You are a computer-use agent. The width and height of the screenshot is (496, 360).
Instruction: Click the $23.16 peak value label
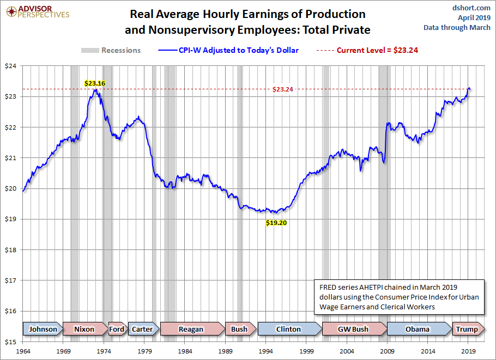click(94, 83)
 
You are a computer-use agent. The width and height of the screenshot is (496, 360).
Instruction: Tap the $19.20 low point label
click(276, 223)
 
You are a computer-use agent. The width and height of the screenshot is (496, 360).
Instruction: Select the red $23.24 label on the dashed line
click(283, 89)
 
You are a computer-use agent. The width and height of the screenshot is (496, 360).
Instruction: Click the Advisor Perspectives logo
click(36, 11)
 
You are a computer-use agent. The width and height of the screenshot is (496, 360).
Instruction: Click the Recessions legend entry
click(111, 50)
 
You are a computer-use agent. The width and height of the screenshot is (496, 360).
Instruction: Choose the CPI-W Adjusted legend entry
click(228, 50)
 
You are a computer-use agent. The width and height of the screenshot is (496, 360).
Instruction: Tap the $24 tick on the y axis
click(11, 66)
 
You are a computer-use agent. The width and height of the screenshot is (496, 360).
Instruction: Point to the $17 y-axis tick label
click(11, 280)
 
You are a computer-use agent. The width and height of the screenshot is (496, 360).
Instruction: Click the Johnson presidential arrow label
click(43, 329)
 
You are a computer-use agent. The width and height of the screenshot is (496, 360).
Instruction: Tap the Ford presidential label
click(117, 329)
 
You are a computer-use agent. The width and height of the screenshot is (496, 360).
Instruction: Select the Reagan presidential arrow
click(191, 329)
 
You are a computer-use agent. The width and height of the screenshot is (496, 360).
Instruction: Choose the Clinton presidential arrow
click(289, 329)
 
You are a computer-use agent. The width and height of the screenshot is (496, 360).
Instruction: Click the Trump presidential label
click(467, 329)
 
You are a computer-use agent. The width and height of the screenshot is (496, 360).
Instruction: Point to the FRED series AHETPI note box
click(399, 297)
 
